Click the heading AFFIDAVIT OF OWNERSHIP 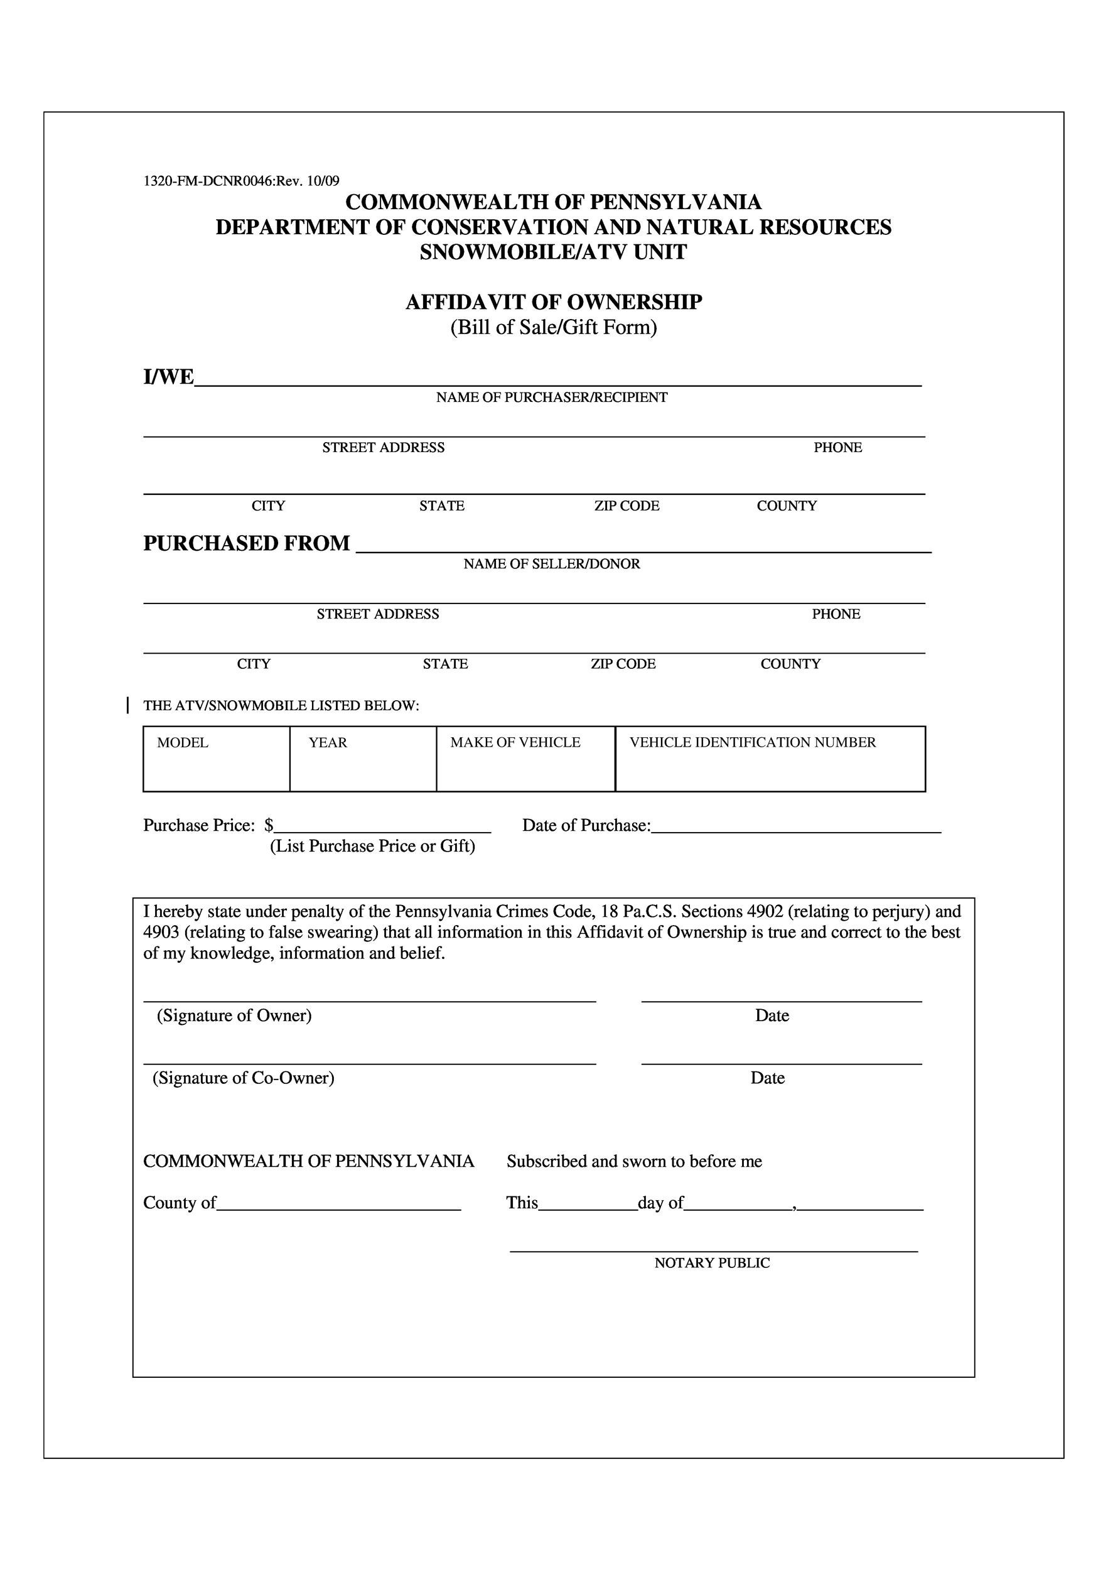point(554,302)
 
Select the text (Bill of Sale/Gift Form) point(554,328)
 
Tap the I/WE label point(168,377)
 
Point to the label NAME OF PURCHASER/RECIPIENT point(552,398)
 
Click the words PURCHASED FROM point(246,544)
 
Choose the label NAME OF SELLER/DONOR point(552,564)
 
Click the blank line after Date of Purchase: point(795,828)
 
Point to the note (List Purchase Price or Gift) point(372,847)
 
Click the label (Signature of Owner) point(234,1016)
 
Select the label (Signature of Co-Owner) point(244,1078)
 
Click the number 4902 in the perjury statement point(765,911)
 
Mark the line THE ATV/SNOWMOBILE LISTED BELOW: point(281,706)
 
